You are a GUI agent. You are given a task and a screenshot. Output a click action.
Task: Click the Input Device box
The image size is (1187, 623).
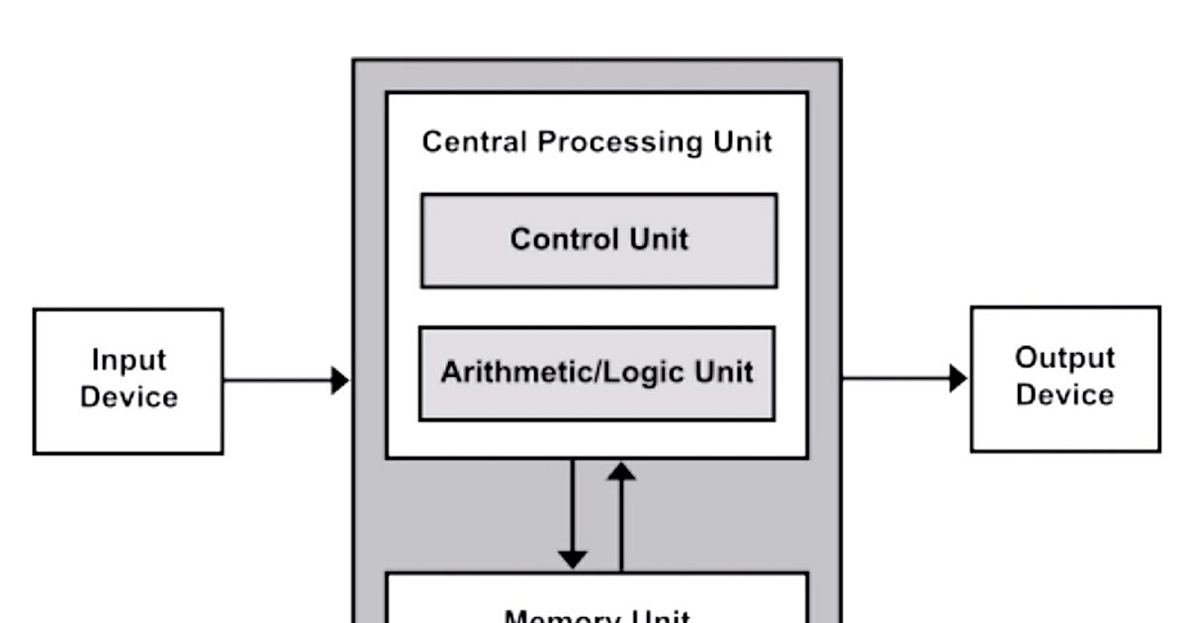coord(128,381)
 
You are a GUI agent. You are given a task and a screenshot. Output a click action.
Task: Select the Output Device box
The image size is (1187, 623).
coord(1065,379)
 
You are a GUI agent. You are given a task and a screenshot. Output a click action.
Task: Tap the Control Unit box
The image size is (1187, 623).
coord(598,240)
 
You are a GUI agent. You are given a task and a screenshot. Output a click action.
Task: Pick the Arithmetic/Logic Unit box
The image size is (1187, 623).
coord(596,373)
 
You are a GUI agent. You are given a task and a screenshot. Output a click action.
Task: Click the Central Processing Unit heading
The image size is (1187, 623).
coord(596,142)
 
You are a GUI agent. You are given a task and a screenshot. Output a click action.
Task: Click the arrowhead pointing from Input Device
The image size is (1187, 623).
coord(339,380)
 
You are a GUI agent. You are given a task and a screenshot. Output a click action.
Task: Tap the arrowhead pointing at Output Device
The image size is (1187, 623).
coord(958,378)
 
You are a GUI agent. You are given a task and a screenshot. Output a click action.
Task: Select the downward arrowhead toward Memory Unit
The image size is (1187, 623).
coord(572,558)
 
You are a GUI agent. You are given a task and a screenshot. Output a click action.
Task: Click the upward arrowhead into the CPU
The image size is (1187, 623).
coord(621,472)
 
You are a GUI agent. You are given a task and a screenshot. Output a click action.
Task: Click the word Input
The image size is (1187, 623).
coord(129,360)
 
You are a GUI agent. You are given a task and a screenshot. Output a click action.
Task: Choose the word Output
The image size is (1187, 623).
coord(1065,358)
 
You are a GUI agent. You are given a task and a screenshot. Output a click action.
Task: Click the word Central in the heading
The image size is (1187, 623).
coord(475,142)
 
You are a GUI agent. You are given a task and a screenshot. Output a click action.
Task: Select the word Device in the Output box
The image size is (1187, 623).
coord(1065,396)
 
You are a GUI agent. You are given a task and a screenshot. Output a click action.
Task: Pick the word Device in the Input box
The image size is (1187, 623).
coord(129,398)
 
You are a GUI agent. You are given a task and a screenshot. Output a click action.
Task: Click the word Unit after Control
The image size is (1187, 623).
coord(658,240)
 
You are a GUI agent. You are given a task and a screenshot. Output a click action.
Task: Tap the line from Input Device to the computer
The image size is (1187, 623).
coord(277,380)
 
